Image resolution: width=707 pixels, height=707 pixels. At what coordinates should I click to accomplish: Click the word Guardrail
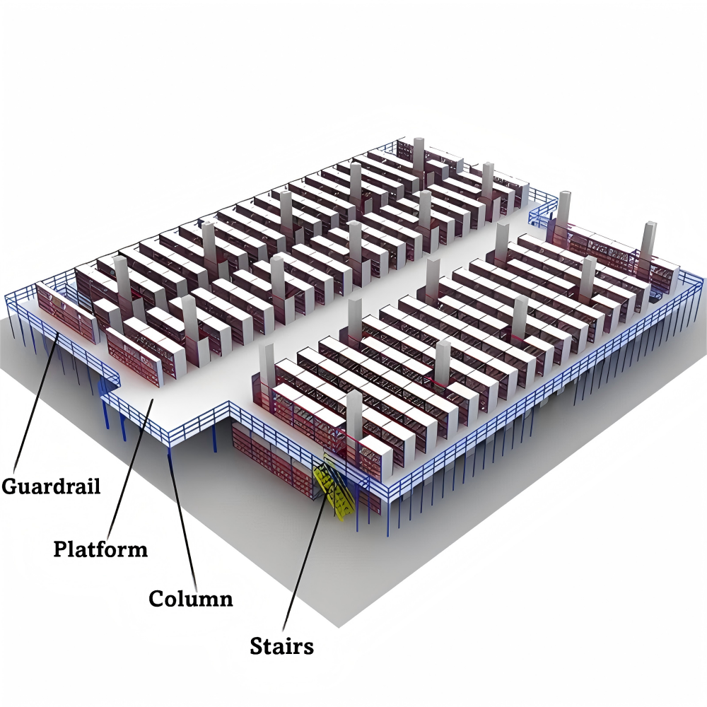click(51, 487)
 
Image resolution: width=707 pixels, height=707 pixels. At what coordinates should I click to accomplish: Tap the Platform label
click(100, 549)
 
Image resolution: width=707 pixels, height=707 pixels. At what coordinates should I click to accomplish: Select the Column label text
click(191, 599)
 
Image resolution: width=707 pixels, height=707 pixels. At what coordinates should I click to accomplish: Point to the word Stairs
click(281, 645)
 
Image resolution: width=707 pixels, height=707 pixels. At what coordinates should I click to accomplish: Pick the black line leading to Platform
click(131, 467)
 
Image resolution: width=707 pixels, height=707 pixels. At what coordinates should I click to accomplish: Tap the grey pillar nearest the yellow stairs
click(354, 415)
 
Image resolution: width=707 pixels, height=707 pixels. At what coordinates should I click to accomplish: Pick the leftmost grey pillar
click(122, 282)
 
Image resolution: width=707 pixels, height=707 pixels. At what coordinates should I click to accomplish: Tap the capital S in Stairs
click(257, 645)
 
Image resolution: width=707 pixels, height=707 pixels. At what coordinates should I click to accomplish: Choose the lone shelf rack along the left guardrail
click(67, 312)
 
